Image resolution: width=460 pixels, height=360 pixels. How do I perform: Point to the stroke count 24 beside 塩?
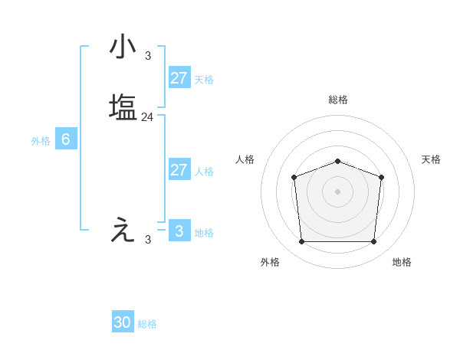tap(148, 117)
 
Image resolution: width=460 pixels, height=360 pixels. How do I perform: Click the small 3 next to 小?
tap(148, 55)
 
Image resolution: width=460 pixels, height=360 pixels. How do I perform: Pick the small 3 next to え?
tap(148, 240)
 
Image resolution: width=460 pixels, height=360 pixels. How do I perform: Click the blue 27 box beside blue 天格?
tap(179, 78)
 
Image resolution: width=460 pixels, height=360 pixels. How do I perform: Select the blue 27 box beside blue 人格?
tap(179, 170)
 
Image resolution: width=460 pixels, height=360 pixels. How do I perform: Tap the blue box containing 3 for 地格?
tap(179, 231)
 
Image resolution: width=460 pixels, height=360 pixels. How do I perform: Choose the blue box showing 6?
tap(66, 139)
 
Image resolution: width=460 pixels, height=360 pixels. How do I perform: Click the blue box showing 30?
tap(123, 323)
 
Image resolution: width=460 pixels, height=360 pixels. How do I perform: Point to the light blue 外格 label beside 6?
tap(41, 141)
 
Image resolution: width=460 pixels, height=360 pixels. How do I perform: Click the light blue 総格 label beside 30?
tap(147, 325)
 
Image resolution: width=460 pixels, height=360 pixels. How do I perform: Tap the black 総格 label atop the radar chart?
tap(338, 100)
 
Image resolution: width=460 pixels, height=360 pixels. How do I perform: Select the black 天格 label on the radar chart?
tap(432, 159)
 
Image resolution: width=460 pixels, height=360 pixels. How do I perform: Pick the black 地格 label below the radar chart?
tap(402, 262)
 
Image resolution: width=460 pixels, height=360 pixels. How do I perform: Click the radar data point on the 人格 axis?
tap(294, 178)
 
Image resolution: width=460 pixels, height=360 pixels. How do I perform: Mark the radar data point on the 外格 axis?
tap(302, 242)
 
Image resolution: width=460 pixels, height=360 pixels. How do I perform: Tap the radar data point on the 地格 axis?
tap(374, 242)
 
